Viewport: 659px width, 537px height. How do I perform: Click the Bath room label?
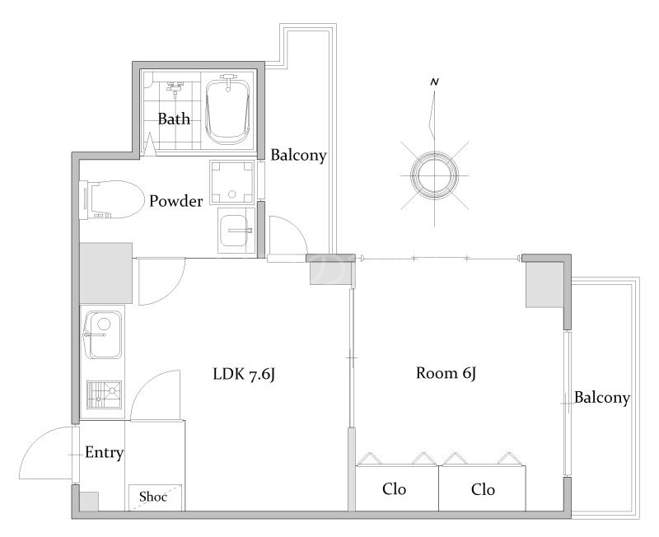pos(174,119)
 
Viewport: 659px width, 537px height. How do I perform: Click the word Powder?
pos(176,201)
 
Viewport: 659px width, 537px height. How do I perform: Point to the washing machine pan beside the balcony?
pos(232,182)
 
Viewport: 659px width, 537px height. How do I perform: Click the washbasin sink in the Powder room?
pos(236,231)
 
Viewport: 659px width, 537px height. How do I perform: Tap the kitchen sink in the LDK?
pos(103,335)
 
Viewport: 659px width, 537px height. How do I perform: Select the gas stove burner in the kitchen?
pos(104,395)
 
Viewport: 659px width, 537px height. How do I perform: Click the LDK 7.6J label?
pos(244,374)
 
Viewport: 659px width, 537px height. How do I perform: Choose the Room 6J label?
pos(446,373)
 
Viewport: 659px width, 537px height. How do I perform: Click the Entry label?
pos(105,452)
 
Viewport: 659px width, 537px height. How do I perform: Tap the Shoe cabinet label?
pos(153,497)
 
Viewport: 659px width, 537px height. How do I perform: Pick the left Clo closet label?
pos(395,489)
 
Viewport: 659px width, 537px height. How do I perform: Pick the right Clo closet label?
pos(483,489)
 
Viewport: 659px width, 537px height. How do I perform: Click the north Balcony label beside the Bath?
pos(298,155)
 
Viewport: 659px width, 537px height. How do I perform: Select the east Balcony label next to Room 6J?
pos(602,398)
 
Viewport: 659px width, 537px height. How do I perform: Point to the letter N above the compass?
pos(435,82)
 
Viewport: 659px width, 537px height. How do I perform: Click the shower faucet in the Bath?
pos(175,87)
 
